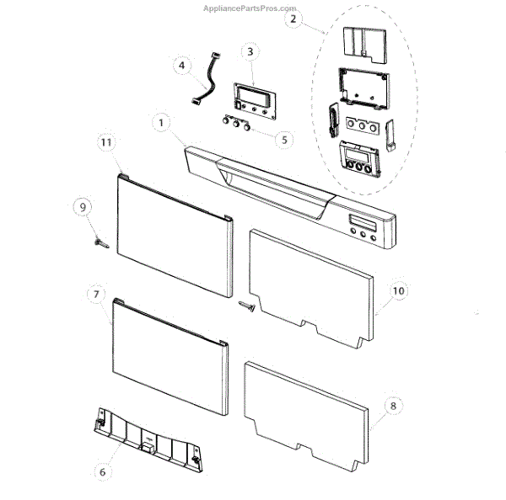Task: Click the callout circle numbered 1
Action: tap(159, 123)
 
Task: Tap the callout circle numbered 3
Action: tap(251, 52)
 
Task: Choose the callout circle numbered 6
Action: tap(103, 472)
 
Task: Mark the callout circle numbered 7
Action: tap(96, 295)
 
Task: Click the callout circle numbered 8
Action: tap(393, 405)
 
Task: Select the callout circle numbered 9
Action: tap(82, 206)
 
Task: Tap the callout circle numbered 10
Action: tap(398, 291)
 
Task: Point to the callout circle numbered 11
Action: tap(105, 143)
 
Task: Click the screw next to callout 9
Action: tap(100, 242)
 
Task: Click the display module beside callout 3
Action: tap(251, 95)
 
